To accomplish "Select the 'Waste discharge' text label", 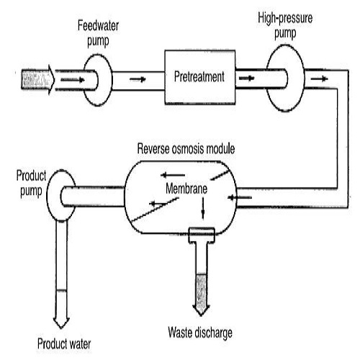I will click(201, 333).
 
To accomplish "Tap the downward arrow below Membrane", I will click(202, 209).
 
